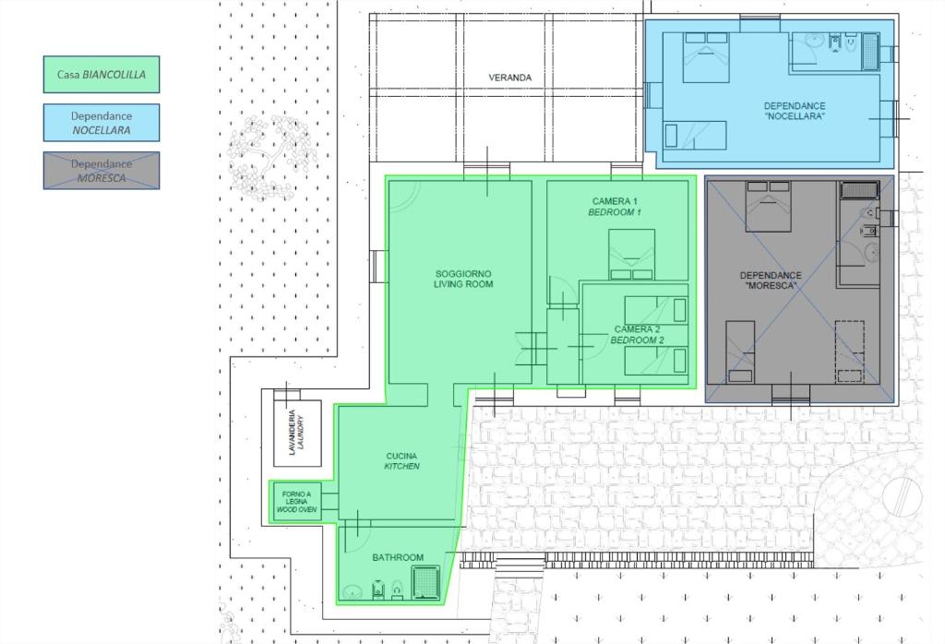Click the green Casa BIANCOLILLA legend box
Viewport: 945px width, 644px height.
tap(102, 75)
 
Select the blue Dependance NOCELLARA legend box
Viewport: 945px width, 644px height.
tap(102, 123)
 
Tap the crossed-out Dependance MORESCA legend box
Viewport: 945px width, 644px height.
tap(102, 171)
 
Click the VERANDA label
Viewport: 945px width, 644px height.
tap(509, 78)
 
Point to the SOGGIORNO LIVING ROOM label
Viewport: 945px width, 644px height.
tap(463, 279)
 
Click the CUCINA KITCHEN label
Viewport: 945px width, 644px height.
tap(402, 461)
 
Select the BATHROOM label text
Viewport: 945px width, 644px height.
tap(398, 558)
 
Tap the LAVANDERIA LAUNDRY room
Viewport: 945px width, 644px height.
tap(298, 433)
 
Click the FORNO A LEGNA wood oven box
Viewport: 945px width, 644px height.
tap(295, 502)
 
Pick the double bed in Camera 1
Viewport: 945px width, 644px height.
tap(631, 255)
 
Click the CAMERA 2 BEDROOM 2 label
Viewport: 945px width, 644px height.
tap(637, 334)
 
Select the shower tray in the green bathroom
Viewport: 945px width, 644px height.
tap(426, 582)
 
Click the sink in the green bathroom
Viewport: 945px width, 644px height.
tap(352, 592)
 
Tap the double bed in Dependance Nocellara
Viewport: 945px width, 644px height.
tap(706, 57)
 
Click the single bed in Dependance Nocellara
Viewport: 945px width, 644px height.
tap(695, 135)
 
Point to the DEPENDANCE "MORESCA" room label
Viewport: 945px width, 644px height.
tap(771, 280)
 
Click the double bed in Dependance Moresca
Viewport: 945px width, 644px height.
tap(769, 206)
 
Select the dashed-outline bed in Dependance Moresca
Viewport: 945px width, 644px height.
tap(849, 352)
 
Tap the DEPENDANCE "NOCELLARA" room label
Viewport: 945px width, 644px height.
tap(795, 111)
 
